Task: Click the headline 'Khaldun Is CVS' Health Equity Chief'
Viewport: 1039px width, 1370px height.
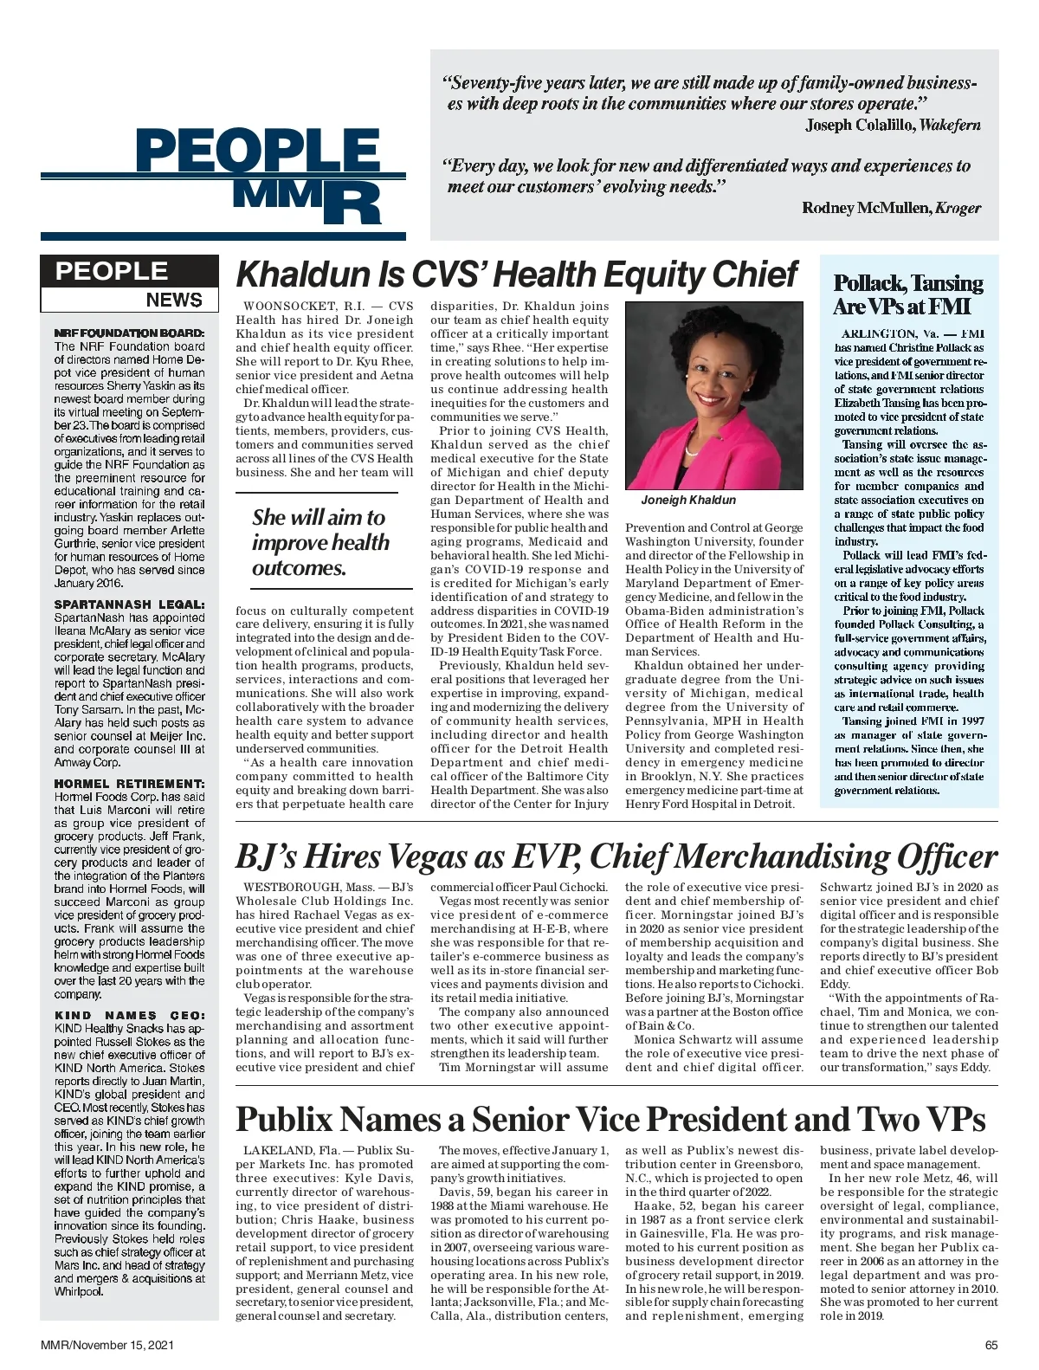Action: point(516,275)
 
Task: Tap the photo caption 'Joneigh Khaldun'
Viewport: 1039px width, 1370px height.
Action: point(688,500)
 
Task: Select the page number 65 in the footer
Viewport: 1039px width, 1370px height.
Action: point(991,1345)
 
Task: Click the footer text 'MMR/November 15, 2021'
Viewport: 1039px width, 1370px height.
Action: point(107,1345)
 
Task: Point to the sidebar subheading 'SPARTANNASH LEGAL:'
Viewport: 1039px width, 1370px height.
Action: point(130,604)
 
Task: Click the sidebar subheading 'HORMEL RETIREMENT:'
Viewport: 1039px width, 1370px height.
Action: point(130,784)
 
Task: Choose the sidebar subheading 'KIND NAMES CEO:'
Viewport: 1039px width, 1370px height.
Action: point(130,1015)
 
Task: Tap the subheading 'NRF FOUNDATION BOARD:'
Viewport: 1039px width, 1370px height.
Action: point(130,333)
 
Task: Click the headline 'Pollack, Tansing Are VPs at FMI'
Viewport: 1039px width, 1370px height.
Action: point(908,295)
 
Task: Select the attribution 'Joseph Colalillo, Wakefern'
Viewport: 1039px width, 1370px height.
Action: point(893,125)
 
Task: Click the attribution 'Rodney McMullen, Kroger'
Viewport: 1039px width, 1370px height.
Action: point(891,208)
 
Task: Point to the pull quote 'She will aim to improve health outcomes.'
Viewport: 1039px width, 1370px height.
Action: point(320,542)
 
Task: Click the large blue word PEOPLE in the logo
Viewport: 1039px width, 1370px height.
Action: point(258,152)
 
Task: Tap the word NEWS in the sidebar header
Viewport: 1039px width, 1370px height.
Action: point(174,300)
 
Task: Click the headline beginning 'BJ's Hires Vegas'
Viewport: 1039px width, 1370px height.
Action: point(616,856)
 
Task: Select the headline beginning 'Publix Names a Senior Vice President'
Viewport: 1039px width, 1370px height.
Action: point(610,1119)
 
